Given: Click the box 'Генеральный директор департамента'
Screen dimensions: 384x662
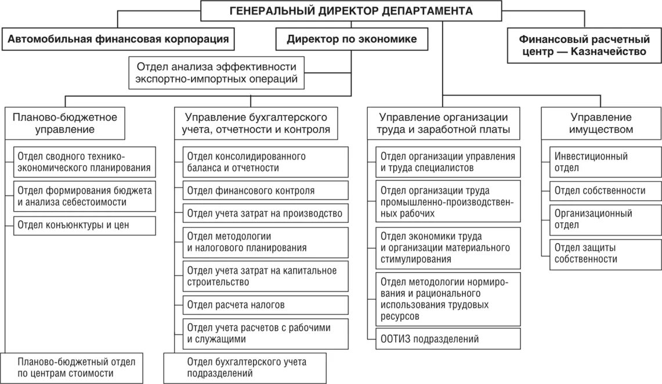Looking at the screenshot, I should [351, 11].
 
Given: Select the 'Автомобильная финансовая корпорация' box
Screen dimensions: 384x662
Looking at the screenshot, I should [118, 39].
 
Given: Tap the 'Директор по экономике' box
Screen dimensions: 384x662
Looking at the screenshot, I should [352, 39].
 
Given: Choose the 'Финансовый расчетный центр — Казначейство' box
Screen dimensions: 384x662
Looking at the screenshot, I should [584, 46].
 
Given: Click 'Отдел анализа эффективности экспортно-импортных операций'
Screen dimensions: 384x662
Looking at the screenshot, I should [216, 73].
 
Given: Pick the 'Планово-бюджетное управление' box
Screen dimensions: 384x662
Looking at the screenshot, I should [64, 123].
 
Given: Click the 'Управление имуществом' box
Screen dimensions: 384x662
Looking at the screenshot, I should [601, 123].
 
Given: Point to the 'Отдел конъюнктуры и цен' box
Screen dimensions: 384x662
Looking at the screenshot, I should [84, 225].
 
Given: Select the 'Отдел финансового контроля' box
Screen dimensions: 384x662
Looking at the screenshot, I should [266, 190].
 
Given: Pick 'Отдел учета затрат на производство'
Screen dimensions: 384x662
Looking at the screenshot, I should [266, 213].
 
